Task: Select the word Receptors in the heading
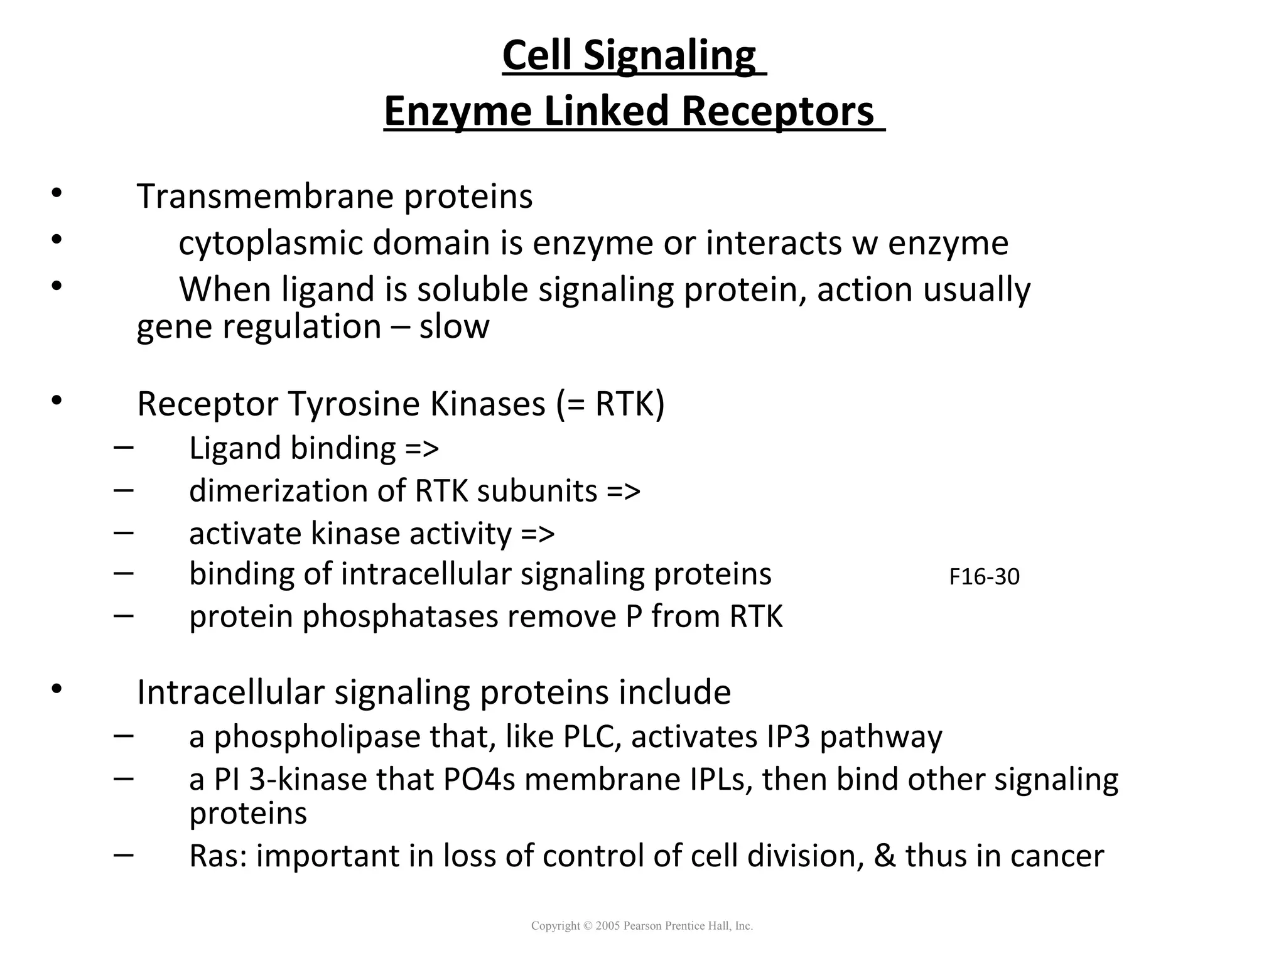click(777, 112)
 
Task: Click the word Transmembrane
click(264, 196)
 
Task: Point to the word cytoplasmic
click(271, 244)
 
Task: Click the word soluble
click(472, 289)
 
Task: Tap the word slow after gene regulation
click(454, 326)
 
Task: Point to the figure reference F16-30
click(984, 577)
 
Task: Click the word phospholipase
click(317, 738)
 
